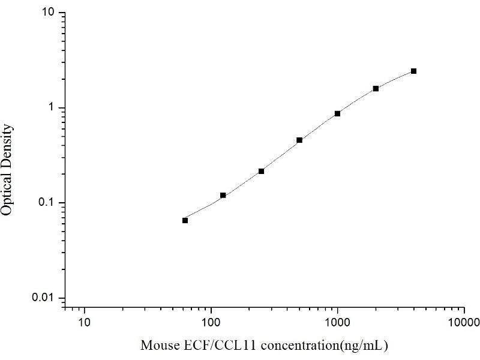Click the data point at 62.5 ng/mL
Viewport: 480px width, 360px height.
pos(185,220)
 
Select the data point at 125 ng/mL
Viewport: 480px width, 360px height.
pos(223,195)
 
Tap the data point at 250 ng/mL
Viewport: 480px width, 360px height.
pos(261,171)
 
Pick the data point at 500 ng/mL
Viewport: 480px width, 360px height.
pos(299,140)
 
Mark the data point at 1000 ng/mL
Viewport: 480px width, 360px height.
pos(338,113)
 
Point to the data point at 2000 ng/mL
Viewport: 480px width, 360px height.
pos(376,88)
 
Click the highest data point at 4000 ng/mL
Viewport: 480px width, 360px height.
pos(413,71)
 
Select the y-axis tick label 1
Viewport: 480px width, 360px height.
pos(53,108)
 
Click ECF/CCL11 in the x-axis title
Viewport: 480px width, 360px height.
pos(206,346)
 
